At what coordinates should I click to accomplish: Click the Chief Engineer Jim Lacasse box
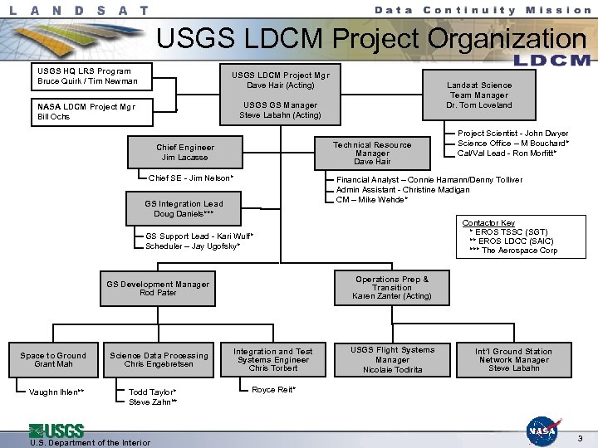[x=184, y=152]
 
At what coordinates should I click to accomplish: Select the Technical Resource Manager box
[x=371, y=153]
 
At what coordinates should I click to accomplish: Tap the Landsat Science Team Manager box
[x=479, y=95]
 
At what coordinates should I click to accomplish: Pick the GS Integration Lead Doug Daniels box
[x=184, y=208]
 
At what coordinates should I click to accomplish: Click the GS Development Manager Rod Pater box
[x=158, y=289]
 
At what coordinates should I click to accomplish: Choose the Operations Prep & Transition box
[x=392, y=288]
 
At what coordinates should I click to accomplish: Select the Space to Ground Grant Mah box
[x=53, y=360]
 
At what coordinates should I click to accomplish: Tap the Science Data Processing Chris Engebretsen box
[x=159, y=360]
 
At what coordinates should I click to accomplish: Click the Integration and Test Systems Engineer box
[x=273, y=359]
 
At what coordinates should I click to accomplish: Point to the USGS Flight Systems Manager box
[x=392, y=359]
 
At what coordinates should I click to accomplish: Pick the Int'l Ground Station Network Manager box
[x=513, y=359]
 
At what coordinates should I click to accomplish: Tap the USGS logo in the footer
[x=56, y=431]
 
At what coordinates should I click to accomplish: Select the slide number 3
[x=581, y=437]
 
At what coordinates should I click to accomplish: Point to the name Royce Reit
[x=273, y=390]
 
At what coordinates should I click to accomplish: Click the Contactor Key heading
[x=488, y=222]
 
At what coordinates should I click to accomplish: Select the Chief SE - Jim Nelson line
[x=190, y=178]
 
